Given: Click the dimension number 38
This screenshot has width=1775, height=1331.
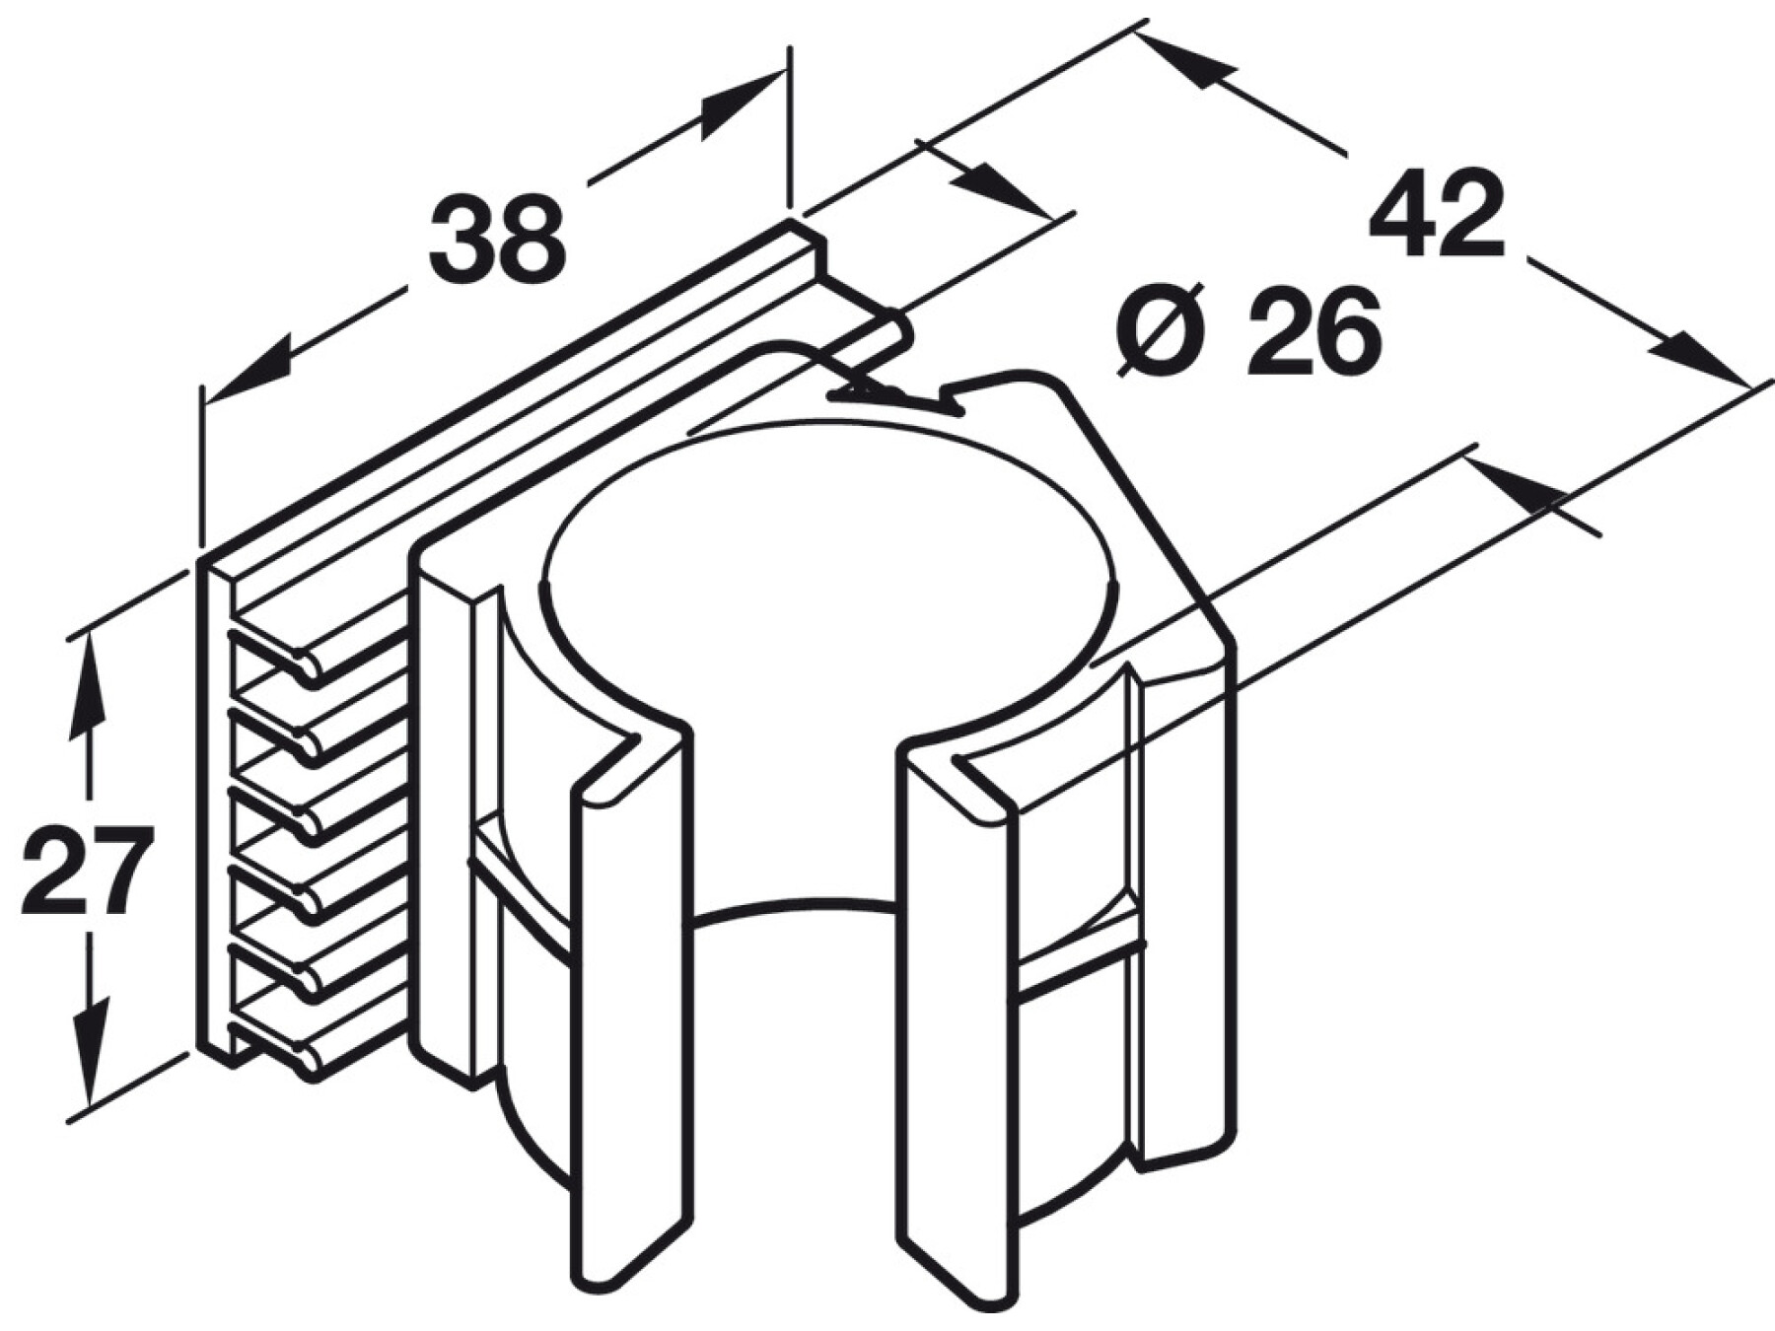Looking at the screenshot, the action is click(497, 238).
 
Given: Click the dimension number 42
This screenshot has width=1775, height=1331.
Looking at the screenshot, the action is click(1438, 216).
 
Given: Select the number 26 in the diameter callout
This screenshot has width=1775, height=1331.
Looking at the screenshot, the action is click(1313, 331).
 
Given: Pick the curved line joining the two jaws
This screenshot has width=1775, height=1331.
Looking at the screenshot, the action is click(795, 905).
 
